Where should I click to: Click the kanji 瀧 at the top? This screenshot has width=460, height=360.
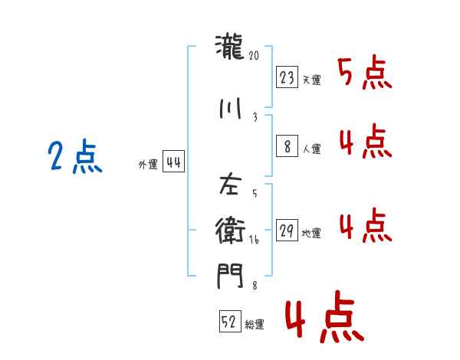click(x=231, y=49)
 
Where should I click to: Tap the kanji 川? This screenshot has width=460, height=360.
click(x=231, y=108)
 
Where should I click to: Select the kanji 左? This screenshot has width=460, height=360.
click(x=231, y=185)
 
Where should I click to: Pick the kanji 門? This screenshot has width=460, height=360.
click(x=231, y=274)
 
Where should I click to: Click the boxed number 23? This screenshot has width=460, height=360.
click(x=287, y=77)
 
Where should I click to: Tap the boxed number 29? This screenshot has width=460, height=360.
click(x=287, y=231)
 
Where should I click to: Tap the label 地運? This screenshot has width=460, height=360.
click(x=311, y=234)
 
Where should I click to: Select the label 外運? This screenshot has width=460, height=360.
click(x=148, y=165)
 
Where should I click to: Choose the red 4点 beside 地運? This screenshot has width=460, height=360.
click(x=364, y=225)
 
